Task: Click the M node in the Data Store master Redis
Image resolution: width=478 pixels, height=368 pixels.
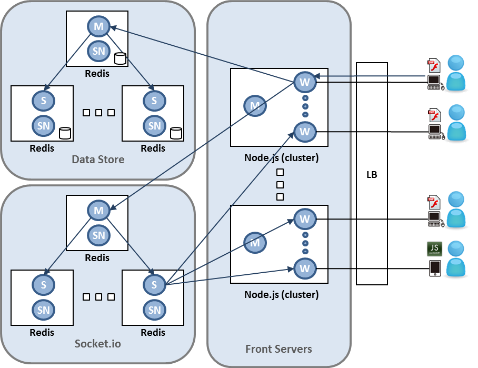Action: tap(98, 26)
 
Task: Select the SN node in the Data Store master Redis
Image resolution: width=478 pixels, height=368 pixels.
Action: tap(98, 51)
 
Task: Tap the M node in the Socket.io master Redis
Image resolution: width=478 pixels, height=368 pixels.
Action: tap(98, 211)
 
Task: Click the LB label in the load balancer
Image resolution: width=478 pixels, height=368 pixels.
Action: tap(372, 175)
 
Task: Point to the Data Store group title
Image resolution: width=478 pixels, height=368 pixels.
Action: tap(98, 159)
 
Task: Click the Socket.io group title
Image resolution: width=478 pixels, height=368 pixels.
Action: tap(98, 344)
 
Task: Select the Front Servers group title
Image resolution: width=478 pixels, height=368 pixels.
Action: tap(278, 349)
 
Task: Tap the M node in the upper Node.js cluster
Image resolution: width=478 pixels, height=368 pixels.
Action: tap(255, 106)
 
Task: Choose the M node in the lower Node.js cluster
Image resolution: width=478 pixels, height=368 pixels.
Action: tap(255, 243)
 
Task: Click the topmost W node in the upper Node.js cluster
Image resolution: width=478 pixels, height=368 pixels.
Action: tap(304, 82)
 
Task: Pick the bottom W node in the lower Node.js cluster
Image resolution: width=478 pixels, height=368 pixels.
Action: tap(304, 268)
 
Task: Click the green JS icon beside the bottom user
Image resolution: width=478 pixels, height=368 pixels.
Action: tap(434, 248)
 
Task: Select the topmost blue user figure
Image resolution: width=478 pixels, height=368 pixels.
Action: tap(456, 74)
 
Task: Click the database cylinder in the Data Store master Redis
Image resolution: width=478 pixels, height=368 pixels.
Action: tap(120, 58)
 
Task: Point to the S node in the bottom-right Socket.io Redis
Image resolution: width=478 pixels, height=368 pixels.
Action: tap(154, 285)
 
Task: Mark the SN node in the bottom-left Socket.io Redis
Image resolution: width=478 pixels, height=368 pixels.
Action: tap(44, 310)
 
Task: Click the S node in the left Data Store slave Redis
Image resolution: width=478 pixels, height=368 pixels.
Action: tap(44, 101)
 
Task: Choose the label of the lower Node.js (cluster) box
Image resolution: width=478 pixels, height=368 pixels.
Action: tap(282, 295)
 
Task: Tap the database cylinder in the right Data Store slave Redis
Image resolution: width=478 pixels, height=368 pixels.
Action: tap(176, 133)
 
